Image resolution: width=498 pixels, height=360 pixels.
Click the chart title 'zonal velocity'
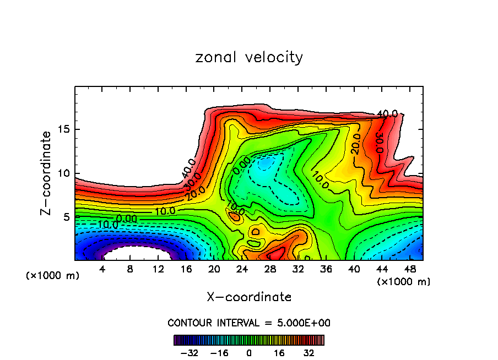[249, 57]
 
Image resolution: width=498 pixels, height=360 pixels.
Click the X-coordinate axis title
[249, 297]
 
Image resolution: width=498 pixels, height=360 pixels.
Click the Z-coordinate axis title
[46, 173]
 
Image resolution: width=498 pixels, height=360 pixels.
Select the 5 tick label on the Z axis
[66, 217]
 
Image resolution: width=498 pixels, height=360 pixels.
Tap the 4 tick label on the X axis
[102, 270]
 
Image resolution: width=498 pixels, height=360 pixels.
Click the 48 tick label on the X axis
[409, 270]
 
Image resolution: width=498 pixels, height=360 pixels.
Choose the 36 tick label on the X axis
[326, 270]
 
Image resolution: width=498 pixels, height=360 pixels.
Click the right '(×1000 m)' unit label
[404, 282]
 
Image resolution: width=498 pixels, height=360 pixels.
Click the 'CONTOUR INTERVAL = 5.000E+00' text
[249, 323]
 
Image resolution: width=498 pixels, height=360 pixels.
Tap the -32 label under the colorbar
[190, 352]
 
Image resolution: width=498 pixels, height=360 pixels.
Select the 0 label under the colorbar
[249, 352]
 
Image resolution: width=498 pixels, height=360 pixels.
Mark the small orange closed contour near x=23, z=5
[236, 217]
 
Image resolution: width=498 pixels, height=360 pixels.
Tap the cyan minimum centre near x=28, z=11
[266, 163]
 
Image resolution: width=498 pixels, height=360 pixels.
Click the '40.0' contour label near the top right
[387, 114]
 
